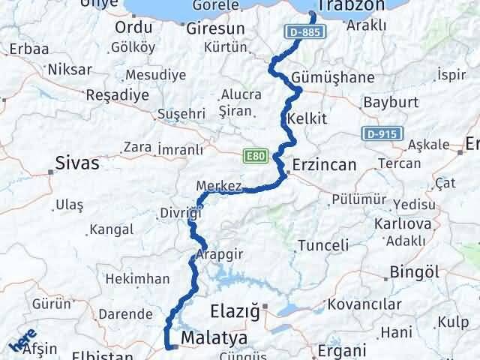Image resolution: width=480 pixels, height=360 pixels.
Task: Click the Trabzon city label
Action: [351, 7]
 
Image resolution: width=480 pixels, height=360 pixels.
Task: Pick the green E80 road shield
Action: [255, 155]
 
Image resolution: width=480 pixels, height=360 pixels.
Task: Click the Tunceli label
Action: [323, 245]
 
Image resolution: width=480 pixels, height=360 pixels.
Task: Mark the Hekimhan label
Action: [137, 278]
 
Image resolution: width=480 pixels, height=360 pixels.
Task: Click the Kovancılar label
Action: [386, 305]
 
